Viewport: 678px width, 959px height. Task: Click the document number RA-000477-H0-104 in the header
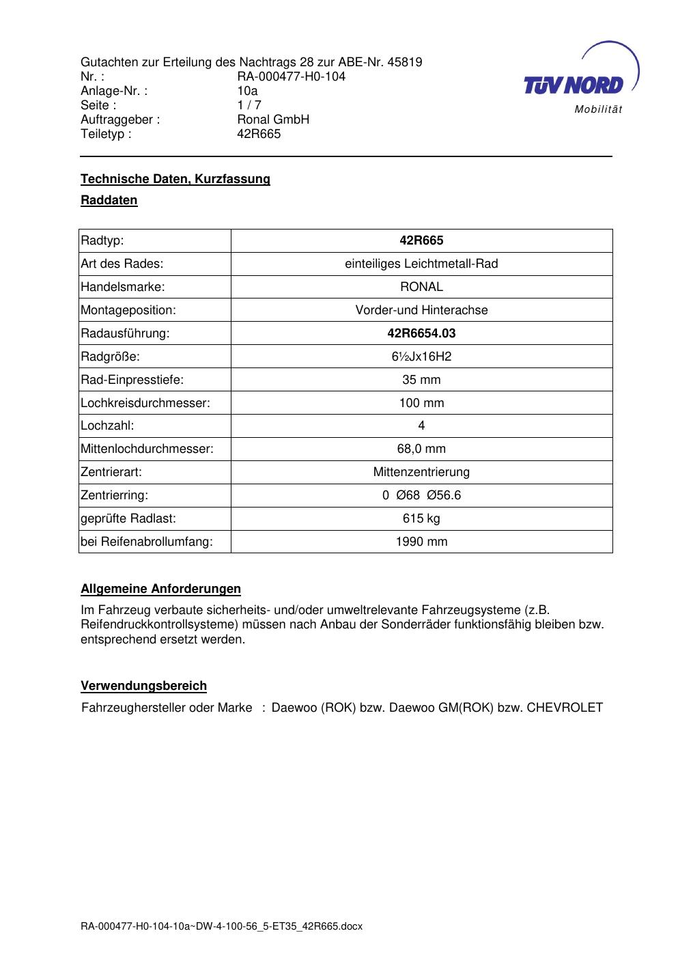[291, 77]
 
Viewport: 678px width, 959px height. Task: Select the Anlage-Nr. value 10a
[247, 91]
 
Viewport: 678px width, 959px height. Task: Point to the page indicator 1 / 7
[249, 105]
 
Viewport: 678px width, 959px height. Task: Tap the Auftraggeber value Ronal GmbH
[273, 120]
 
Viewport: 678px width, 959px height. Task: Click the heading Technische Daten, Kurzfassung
[175, 179]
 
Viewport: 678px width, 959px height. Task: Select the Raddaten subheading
[109, 200]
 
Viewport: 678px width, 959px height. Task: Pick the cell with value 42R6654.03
[421, 333]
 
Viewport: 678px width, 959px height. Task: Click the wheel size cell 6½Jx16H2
[421, 357]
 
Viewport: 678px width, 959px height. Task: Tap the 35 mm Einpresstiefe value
[421, 380]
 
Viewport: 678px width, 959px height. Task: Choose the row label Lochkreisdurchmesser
[145, 403]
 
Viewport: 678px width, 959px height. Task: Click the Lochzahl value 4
[421, 426]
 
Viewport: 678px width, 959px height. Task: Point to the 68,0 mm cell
[421, 449]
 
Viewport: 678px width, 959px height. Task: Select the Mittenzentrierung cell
[421, 472]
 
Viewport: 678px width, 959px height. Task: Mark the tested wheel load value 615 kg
[421, 518]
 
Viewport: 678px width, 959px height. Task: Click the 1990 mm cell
[421, 542]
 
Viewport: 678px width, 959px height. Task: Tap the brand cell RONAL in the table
[421, 287]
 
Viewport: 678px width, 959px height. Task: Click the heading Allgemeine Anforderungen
[160, 589]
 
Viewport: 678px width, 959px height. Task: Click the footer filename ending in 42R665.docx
[221, 926]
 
